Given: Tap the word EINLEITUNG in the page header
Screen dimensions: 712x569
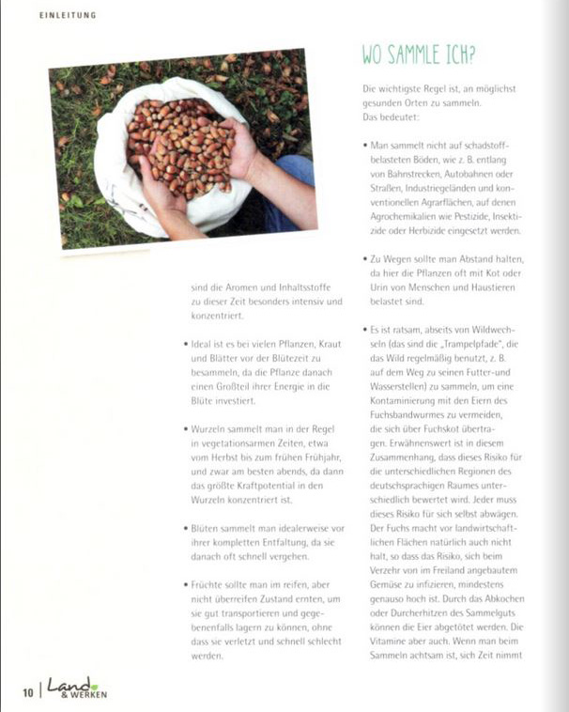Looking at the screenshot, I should pos(68,15).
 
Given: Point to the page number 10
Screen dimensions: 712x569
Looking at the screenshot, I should pos(27,693).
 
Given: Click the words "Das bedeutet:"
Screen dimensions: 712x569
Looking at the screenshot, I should pos(394,117).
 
